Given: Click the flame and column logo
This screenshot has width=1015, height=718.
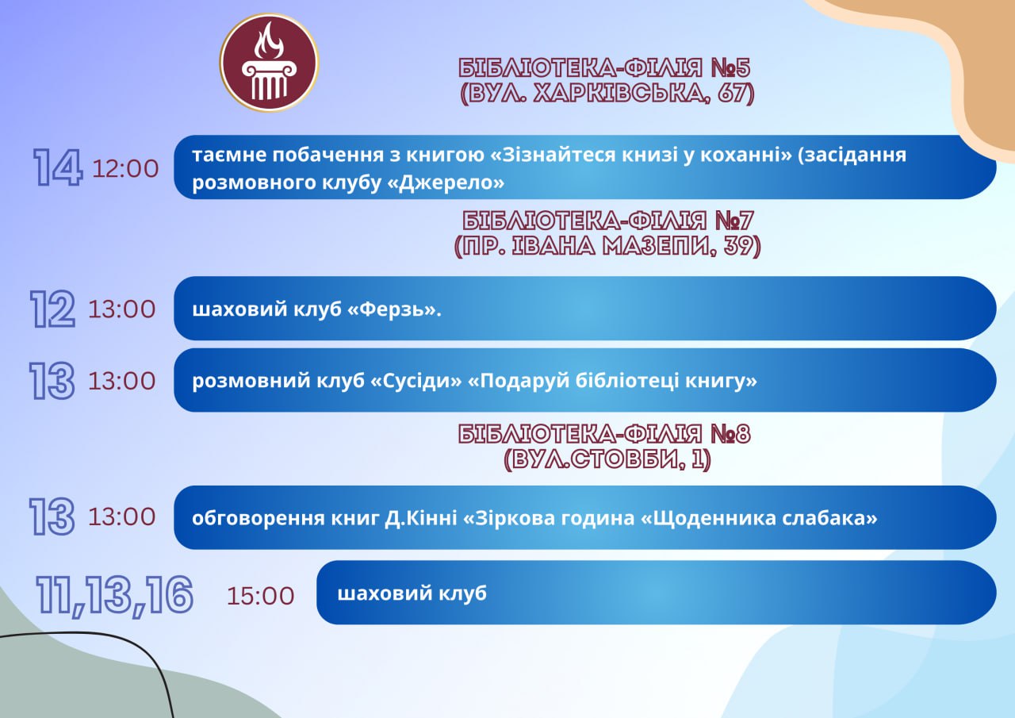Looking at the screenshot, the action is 269,63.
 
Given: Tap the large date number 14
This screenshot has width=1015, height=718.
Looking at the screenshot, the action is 58,167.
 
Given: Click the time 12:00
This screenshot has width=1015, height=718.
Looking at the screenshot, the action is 125,169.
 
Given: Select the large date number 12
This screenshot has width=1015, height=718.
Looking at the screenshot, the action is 52,309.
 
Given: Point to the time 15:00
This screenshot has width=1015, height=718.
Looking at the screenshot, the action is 261,596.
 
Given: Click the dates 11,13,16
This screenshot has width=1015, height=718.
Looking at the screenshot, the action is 115,596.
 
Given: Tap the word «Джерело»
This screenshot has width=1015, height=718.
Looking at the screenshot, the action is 446,182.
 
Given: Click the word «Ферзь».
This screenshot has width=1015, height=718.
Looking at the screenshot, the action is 394,309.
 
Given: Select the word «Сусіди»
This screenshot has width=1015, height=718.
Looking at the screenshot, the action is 416,381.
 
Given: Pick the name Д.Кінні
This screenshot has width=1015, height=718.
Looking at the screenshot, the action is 421,518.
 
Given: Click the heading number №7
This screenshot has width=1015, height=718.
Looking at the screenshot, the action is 734,221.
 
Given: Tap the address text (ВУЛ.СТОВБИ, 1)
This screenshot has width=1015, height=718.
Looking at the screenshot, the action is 607,459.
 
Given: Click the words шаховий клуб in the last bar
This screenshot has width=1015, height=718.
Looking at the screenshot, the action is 412,593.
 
